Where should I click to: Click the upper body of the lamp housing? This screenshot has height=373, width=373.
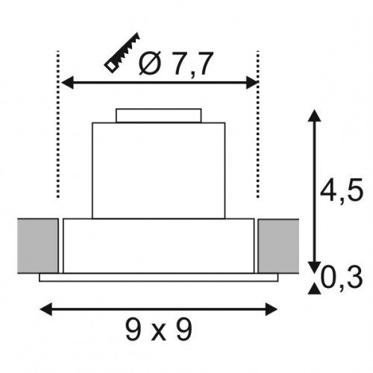(x=158, y=168)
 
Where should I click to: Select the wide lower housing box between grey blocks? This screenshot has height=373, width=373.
(x=158, y=246)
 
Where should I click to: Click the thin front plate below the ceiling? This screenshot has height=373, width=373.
(x=158, y=278)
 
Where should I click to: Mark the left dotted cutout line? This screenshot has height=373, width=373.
(x=57, y=123)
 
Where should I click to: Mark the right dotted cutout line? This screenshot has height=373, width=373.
(x=257, y=123)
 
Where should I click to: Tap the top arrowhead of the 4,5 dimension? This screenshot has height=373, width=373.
(x=314, y=116)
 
